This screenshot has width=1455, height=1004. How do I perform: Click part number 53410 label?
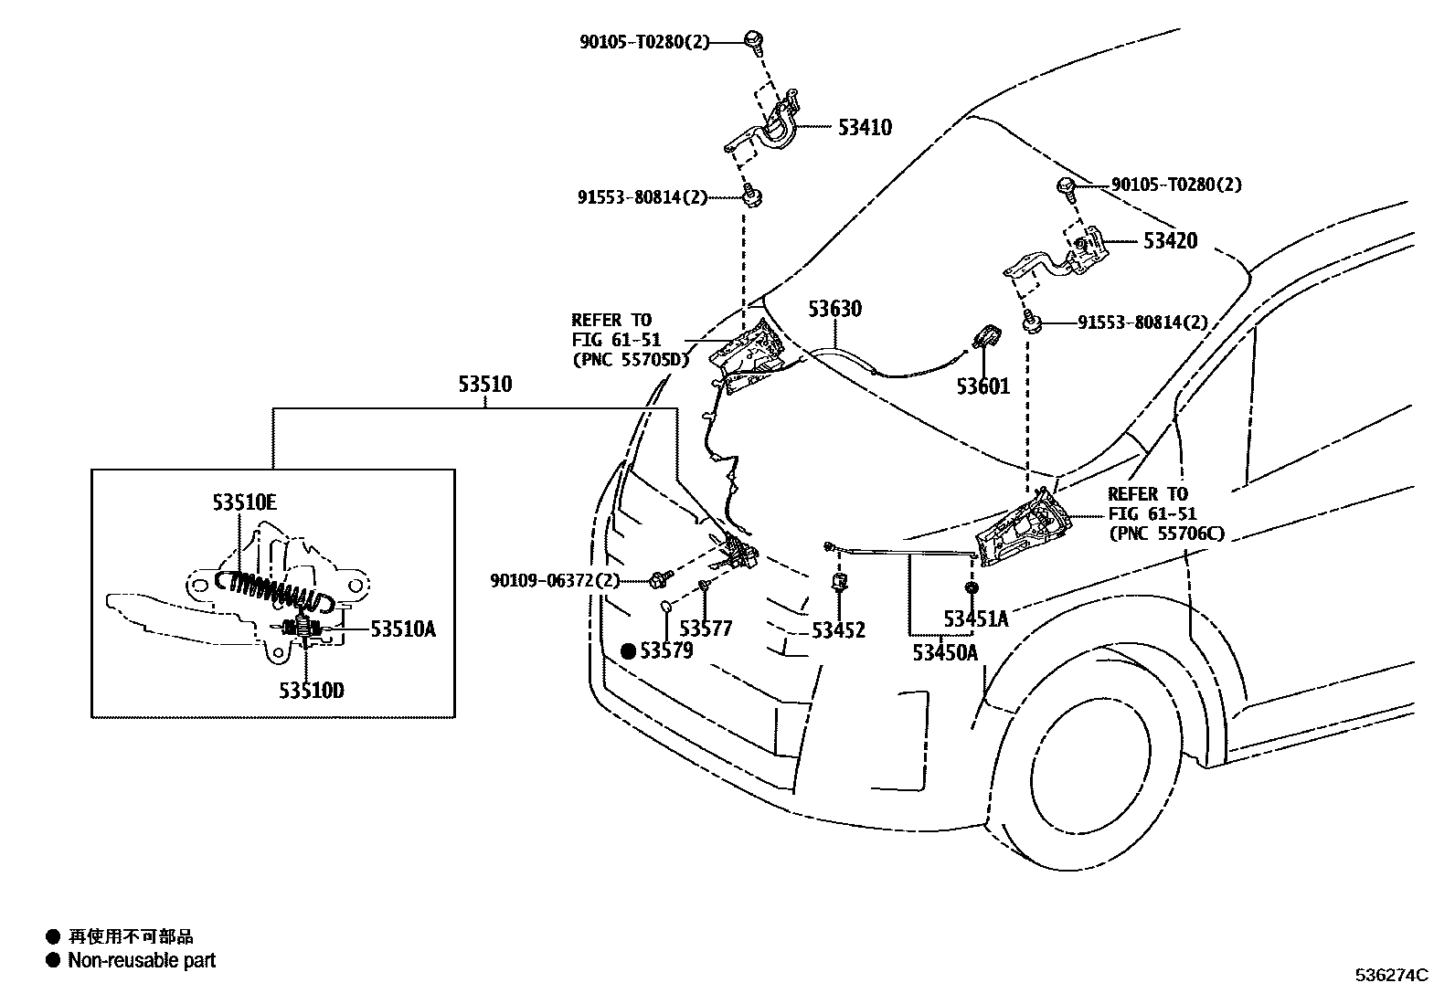[x=864, y=127]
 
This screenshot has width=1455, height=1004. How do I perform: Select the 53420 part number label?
[x=1170, y=241]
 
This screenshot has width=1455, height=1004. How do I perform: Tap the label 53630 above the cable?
[x=834, y=309]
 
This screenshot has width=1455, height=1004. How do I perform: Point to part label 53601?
[x=982, y=386]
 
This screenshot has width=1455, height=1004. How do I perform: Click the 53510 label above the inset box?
[x=484, y=385]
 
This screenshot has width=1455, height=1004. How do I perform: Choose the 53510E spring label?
[x=244, y=502]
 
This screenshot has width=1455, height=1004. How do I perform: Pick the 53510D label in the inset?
[x=312, y=691]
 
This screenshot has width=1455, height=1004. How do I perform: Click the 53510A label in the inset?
[x=402, y=629]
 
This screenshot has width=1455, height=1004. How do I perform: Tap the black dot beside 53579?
[x=628, y=651]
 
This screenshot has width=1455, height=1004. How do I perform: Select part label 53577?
[x=706, y=629]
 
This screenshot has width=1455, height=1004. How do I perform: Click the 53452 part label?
[x=838, y=630]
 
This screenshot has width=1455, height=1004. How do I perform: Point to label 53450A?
[x=944, y=652]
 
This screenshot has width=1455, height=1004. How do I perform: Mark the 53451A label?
[x=975, y=619]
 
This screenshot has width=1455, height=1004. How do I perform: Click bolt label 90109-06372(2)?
[x=555, y=580]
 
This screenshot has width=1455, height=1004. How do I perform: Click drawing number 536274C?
[x=1390, y=975]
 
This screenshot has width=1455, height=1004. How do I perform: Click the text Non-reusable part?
[x=142, y=960]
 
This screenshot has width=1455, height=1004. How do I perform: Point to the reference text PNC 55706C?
[x=1165, y=534]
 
